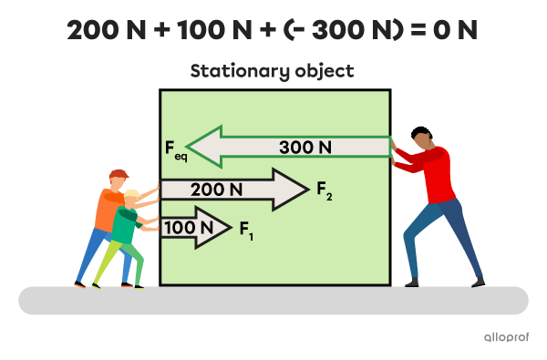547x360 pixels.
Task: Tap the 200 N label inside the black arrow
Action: pos(216,190)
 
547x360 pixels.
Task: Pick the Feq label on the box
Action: pos(174,148)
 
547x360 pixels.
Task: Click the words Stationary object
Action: pos(273,71)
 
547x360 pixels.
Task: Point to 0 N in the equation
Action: pos(456,30)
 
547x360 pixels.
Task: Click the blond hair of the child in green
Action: pos(133,195)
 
